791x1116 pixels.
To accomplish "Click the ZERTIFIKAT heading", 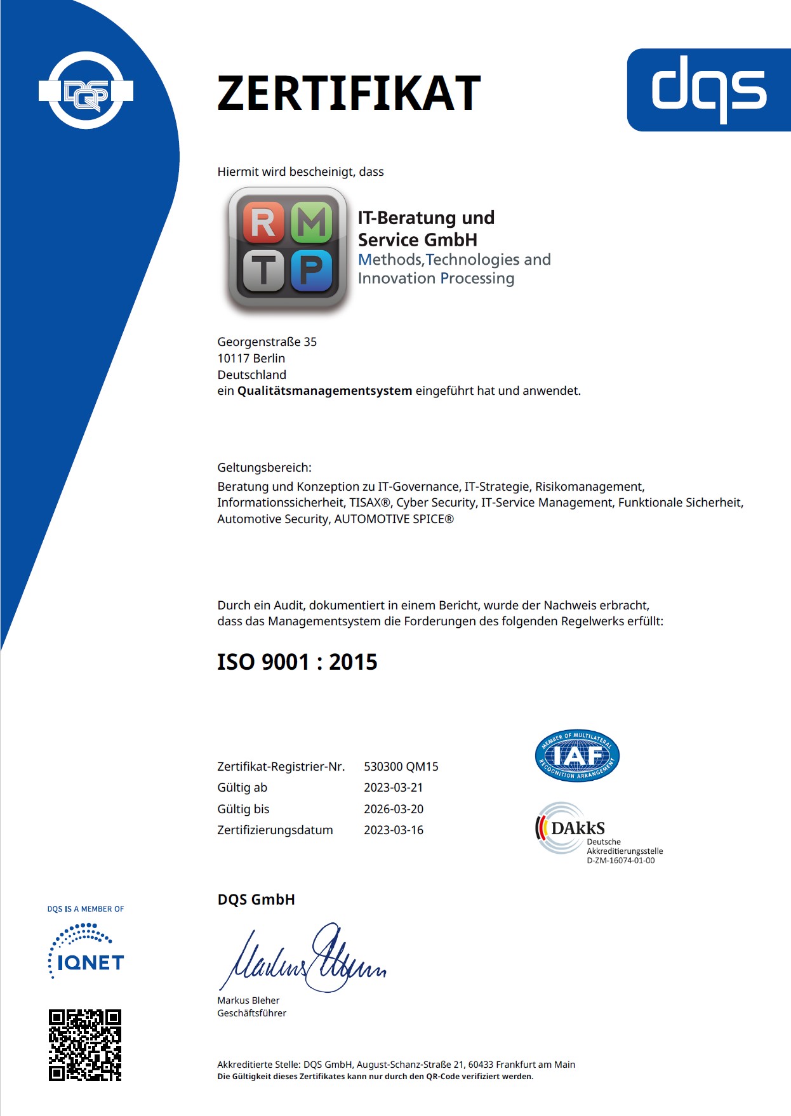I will [x=349, y=93].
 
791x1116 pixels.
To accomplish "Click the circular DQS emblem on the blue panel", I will [x=86, y=91].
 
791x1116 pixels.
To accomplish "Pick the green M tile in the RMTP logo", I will [x=312, y=223].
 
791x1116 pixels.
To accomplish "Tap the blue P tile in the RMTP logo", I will [x=312, y=270].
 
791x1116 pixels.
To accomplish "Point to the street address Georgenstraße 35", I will [x=267, y=342].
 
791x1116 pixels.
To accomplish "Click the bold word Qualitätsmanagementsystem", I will [x=324, y=391].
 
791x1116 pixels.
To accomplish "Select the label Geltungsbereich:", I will [x=264, y=468].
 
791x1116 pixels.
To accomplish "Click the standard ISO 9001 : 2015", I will [x=297, y=662].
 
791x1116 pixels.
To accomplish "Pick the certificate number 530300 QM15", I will [x=401, y=767].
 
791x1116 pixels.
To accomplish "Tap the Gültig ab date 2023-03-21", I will [x=393, y=788].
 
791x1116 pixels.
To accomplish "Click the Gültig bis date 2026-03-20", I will [x=393, y=809].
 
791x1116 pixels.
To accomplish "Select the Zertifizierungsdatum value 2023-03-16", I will [x=393, y=830].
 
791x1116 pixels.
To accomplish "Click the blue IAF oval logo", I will [x=577, y=755].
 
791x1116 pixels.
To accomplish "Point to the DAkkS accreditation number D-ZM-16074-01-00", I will [x=620, y=861].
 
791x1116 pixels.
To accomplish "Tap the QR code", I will [x=85, y=1045].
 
